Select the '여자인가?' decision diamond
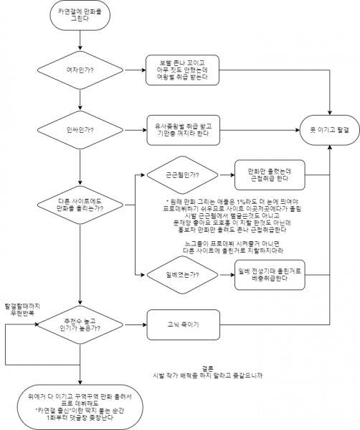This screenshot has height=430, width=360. (x=79, y=70)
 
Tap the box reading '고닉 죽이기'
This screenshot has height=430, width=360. (x=180, y=322)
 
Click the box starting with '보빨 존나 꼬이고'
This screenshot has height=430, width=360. (x=180, y=70)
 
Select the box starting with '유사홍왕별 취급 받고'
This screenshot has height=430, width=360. (x=180, y=129)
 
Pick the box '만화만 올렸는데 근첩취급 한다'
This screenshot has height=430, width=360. (x=270, y=171)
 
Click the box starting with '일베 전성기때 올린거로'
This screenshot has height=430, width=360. (x=270, y=274)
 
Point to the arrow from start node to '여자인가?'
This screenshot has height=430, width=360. (x=79, y=42)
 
